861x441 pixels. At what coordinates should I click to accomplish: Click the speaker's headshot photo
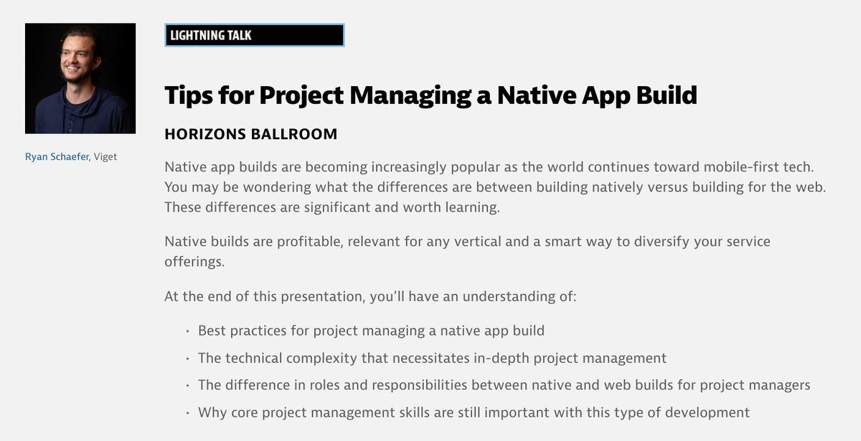pyautogui.click(x=80, y=78)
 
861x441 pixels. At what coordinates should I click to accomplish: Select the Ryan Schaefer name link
pyautogui.click(x=57, y=157)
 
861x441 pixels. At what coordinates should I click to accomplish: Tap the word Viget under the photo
pyautogui.click(x=105, y=157)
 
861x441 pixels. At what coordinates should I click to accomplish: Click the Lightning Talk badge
pyautogui.click(x=255, y=35)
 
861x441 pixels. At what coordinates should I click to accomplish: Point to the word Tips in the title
pyautogui.click(x=189, y=95)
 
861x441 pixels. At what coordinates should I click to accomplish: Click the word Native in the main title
pyautogui.click(x=536, y=95)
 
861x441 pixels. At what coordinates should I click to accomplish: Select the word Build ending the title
pyautogui.click(x=667, y=95)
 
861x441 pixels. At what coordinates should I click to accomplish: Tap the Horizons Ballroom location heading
pyautogui.click(x=251, y=134)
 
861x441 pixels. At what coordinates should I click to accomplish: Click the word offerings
pyautogui.click(x=194, y=262)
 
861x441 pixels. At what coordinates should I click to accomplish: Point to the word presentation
pyautogui.click(x=323, y=297)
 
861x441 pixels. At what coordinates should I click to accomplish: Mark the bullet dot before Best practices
pyautogui.click(x=187, y=331)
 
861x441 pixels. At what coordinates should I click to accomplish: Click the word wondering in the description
pyautogui.click(x=277, y=187)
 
